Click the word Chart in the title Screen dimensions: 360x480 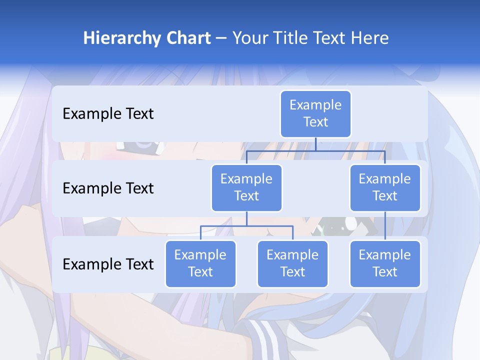coord(187,38)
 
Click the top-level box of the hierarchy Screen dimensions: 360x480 coord(315,114)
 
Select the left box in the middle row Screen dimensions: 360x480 coord(246,187)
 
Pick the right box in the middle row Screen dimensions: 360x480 coord(385,187)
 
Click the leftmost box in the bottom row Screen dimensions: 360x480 coord(200,263)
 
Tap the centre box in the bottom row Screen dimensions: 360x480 coord(292,263)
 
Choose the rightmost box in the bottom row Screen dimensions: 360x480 coord(385,263)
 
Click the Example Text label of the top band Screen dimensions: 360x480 coord(108,114)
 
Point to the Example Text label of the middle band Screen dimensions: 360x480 coord(108,188)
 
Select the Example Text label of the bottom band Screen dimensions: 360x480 coord(108,264)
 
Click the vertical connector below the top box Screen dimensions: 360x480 coord(315,144)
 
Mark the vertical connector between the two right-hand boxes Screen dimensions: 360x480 coord(385,226)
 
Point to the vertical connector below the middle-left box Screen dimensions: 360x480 coord(246,218)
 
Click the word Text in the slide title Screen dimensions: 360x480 coord(332,38)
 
